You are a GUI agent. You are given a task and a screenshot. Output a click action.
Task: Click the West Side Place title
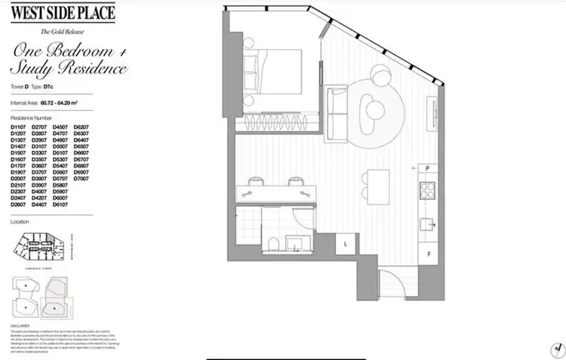click(63, 12)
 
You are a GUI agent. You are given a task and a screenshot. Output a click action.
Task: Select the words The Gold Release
click(63, 31)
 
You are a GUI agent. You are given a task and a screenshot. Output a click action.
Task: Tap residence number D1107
click(17, 127)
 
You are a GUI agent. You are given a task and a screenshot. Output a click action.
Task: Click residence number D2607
click(17, 205)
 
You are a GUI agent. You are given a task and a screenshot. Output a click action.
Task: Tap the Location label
click(20, 222)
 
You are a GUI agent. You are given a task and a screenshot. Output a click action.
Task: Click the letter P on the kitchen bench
click(427, 168)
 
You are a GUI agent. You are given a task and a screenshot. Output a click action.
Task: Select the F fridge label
click(428, 254)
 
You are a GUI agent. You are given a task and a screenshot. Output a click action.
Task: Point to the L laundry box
click(345, 243)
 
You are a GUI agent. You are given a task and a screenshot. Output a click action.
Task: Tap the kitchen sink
click(427, 223)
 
